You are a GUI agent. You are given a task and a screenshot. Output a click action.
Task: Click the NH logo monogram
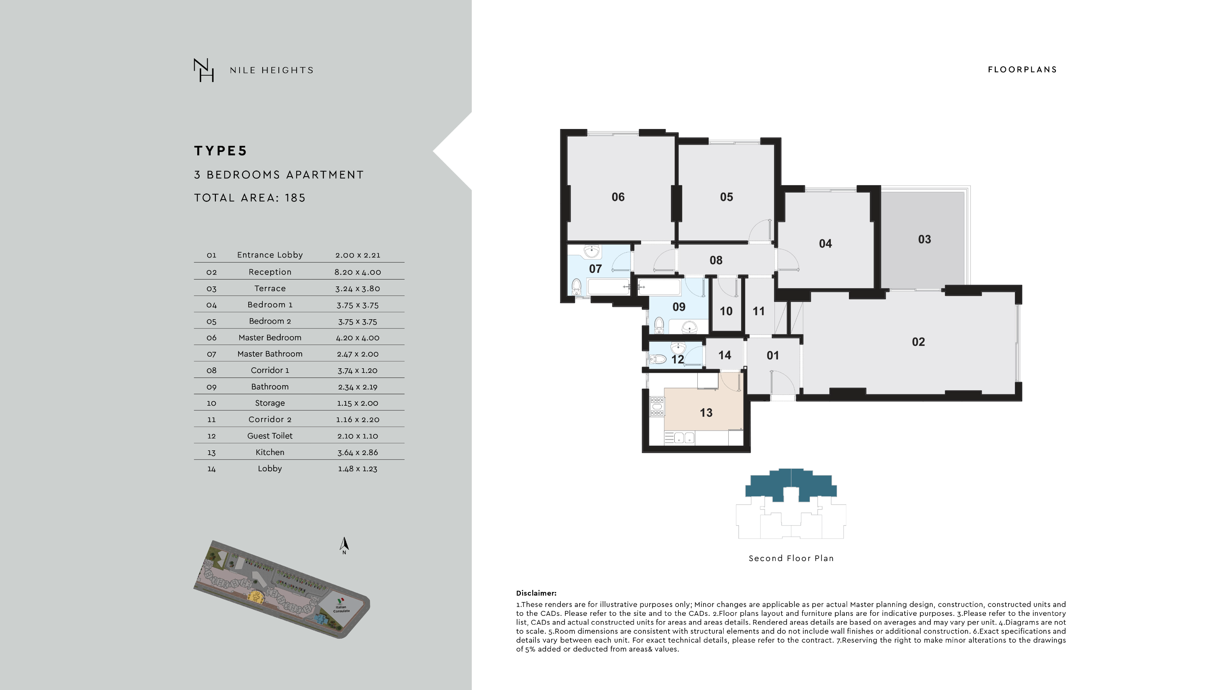click(204, 70)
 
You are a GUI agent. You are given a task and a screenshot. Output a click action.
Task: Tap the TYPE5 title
click(221, 151)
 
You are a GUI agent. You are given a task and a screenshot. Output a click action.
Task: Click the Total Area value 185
click(295, 198)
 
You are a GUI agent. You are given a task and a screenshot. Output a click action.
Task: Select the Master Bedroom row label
click(269, 337)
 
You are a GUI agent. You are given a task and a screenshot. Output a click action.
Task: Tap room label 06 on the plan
click(618, 197)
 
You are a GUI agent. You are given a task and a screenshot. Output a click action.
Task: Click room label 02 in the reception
click(918, 342)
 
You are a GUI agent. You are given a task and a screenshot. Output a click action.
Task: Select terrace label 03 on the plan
click(924, 239)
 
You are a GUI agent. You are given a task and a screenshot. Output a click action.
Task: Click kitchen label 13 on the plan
click(706, 413)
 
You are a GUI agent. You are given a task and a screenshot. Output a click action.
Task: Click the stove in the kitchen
click(657, 407)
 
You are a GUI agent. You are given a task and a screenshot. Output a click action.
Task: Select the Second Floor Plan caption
click(791, 558)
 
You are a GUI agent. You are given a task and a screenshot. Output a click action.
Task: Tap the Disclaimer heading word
click(536, 593)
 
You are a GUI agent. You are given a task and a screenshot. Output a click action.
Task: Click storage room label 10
click(726, 311)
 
